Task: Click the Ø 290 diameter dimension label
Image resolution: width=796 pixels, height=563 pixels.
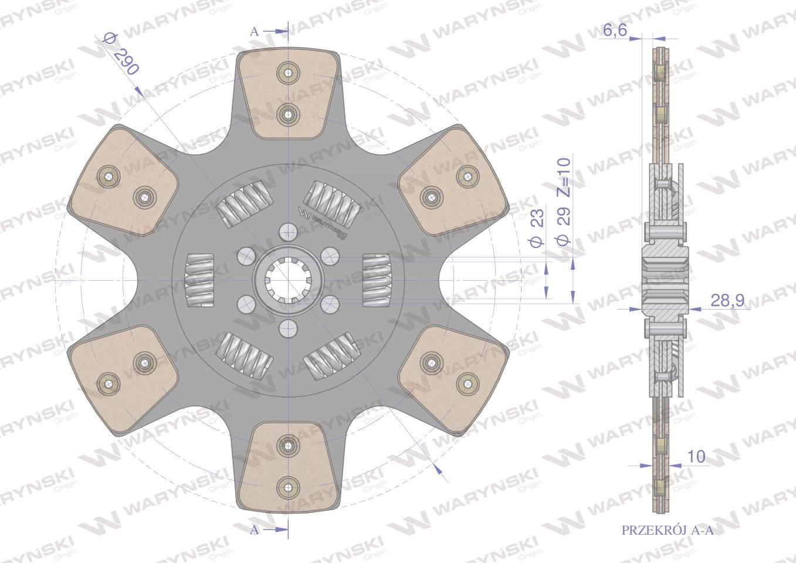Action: [120, 54]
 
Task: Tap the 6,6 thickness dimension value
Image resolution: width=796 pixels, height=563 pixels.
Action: [615, 31]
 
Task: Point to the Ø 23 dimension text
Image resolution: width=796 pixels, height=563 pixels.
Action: [536, 228]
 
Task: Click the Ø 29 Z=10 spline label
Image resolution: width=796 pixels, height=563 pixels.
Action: [563, 201]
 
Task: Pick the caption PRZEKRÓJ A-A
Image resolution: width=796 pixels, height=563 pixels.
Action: [668, 540]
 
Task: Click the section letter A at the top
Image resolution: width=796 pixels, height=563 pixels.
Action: [255, 32]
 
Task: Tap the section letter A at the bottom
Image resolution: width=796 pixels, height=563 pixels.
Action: [255, 530]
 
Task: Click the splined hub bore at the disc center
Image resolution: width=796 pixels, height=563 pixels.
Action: [288, 280]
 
